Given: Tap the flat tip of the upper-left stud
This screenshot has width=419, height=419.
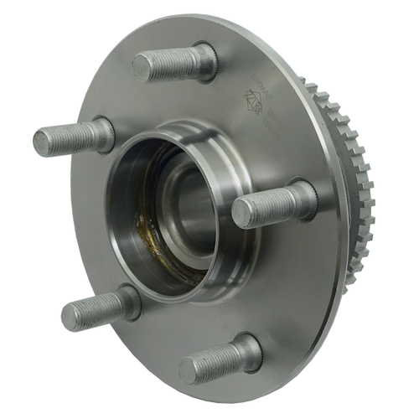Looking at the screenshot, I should pyautogui.click(x=43, y=142).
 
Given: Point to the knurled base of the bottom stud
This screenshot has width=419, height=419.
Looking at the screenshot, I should pyautogui.click(x=247, y=349).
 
